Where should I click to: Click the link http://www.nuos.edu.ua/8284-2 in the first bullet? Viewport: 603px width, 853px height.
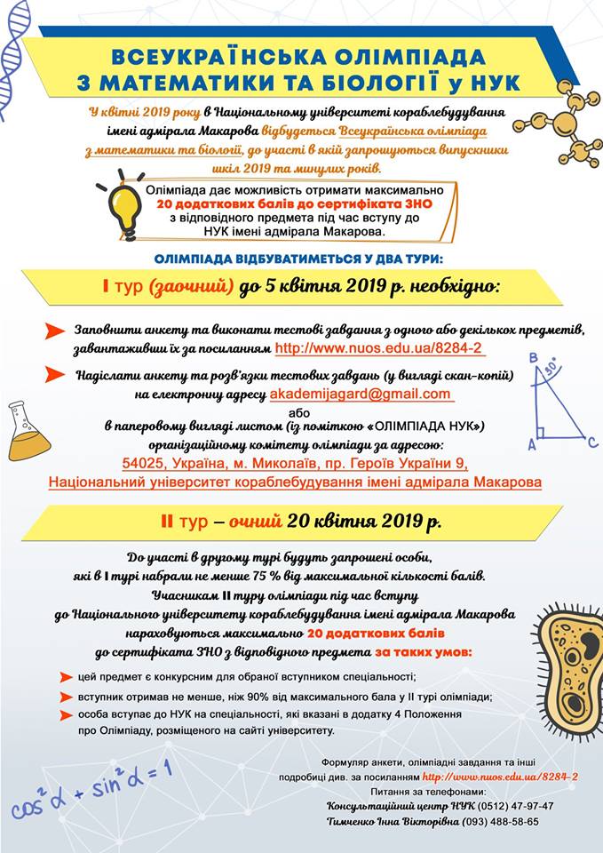(380, 349)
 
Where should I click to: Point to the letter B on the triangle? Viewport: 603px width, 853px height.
(533, 358)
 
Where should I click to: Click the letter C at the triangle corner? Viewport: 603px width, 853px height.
(591, 441)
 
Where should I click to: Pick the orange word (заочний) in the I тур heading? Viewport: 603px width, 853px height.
(191, 287)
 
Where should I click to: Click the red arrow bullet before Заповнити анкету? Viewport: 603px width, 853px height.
(55, 331)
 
